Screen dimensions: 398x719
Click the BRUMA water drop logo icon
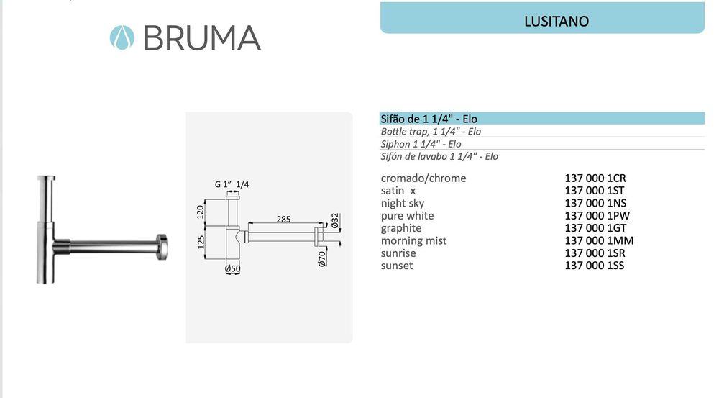coord(122,37)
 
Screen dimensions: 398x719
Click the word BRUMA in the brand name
coord(202,37)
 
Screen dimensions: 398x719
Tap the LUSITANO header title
coord(557,22)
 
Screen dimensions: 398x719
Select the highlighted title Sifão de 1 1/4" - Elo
coord(429,119)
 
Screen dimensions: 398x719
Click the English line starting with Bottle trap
coord(431,132)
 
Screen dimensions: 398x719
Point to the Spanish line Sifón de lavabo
coord(439,156)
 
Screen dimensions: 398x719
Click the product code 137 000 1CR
coord(600,178)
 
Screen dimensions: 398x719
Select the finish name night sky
coord(403,203)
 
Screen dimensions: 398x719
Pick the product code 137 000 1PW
coord(600,216)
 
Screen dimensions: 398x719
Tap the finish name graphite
coord(401,228)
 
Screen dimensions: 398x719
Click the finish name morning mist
coord(413,240)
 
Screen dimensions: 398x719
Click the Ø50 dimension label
coord(232,269)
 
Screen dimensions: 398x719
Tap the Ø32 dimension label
coord(334,220)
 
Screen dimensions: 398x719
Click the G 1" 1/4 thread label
coord(232,184)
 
